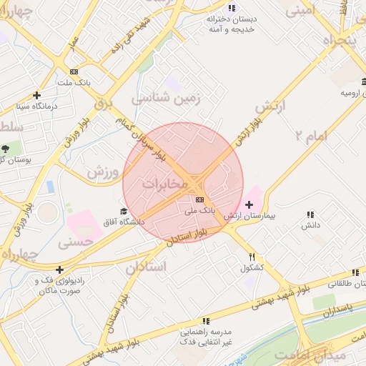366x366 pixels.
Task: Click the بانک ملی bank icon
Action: pos(199,199)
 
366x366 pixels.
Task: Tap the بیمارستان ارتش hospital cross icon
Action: pos(249,205)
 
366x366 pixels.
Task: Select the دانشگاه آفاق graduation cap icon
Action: pos(124,211)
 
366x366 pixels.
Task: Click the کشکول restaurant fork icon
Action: pos(252,256)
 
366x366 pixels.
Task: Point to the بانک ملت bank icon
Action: pos(74,71)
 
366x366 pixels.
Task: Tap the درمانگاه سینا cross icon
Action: pos(37,94)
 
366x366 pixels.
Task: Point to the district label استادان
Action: pos(146,267)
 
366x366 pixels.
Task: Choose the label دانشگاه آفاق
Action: pos(124,222)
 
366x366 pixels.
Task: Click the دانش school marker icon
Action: pos(310,214)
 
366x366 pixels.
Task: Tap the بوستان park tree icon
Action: pos(6,149)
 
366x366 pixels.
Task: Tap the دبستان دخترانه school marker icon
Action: pos(230,9)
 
